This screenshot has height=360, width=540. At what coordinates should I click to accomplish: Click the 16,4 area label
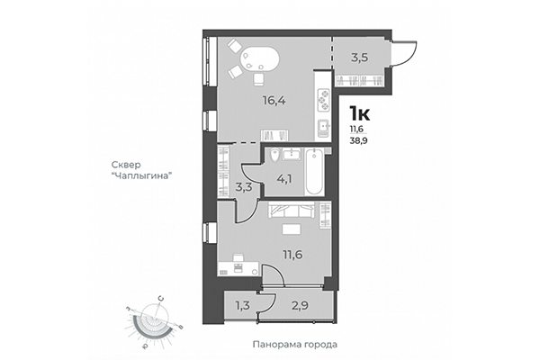click(249, 101)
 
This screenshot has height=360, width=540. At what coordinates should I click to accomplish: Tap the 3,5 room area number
click(359, 58)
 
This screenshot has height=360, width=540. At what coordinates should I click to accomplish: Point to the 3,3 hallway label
click(243, 188)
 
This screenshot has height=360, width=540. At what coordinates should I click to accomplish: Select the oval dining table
click(259, 59)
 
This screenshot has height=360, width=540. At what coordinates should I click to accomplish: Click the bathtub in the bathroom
click(315, 172)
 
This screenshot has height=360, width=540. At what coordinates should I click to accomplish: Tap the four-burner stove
click(322, 97)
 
